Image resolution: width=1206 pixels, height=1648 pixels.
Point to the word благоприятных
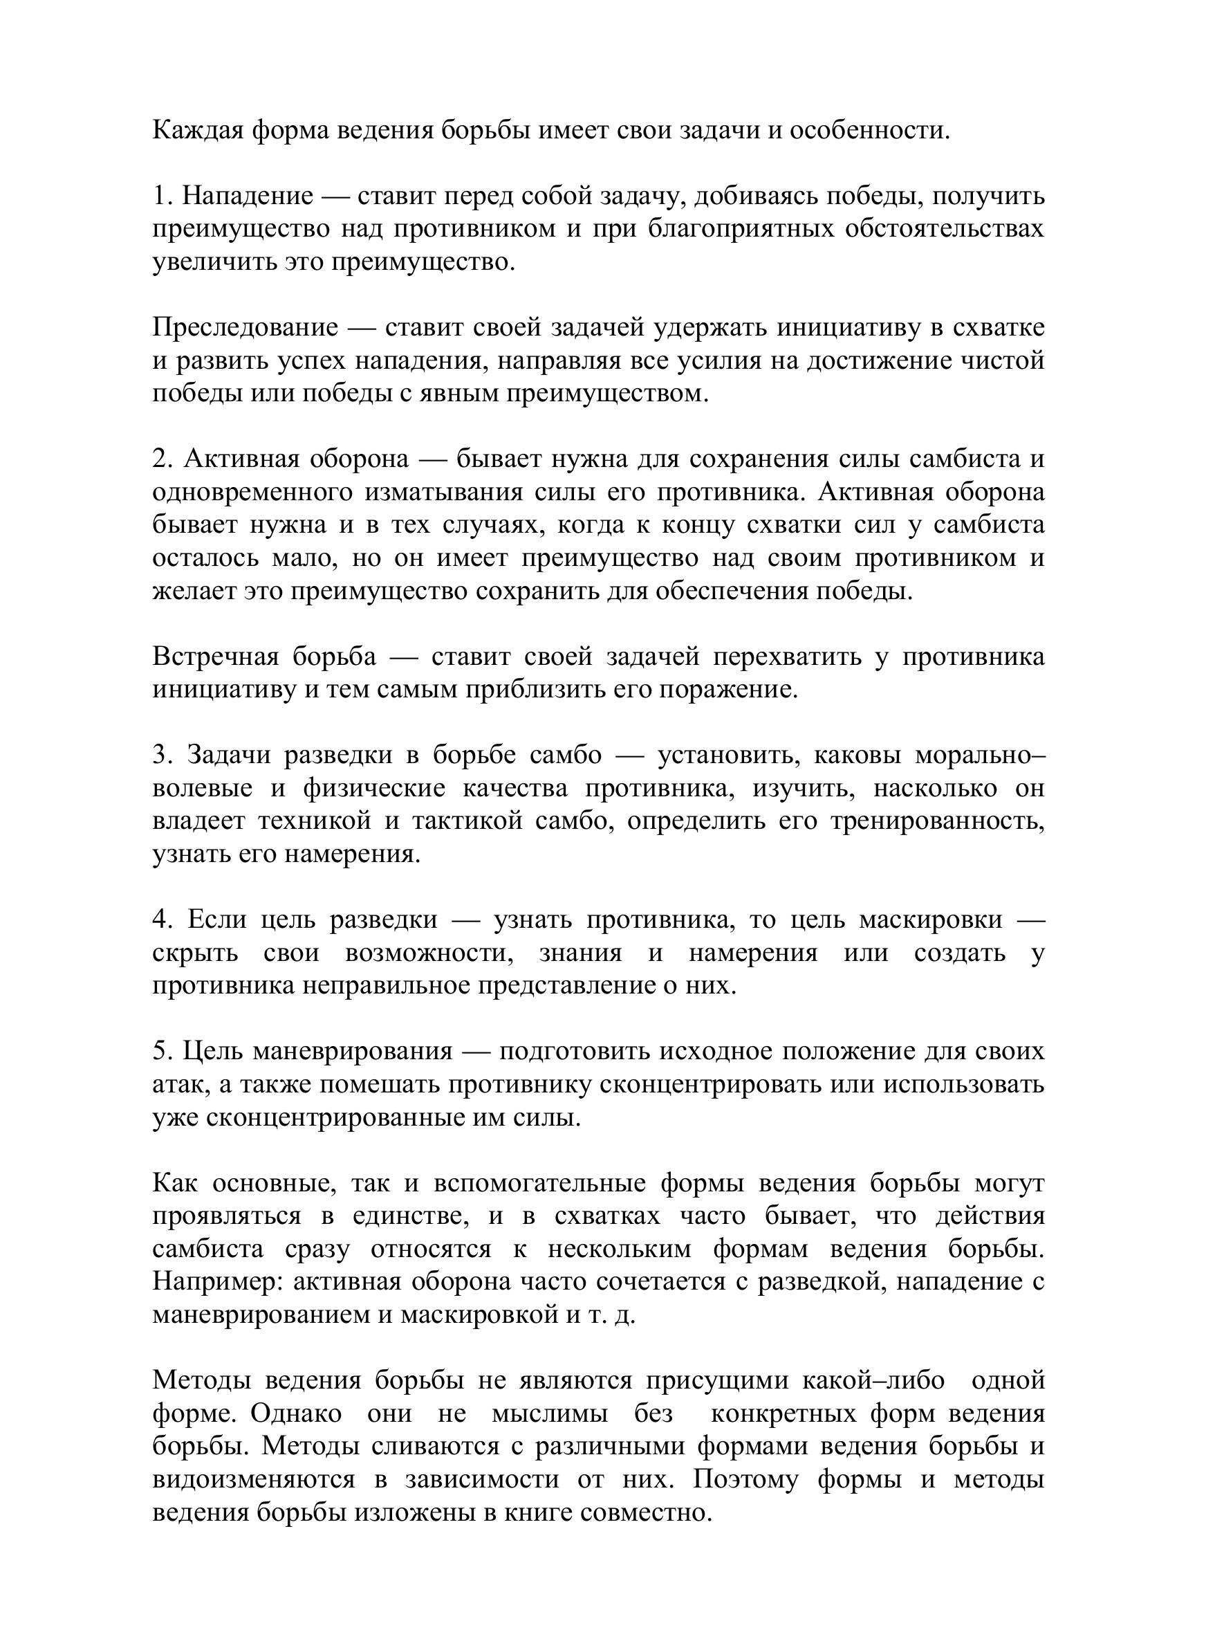coord(738,229)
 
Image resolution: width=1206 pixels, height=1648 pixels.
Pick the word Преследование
coord(245,328)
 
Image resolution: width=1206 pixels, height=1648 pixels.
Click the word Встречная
coord(216,657)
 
